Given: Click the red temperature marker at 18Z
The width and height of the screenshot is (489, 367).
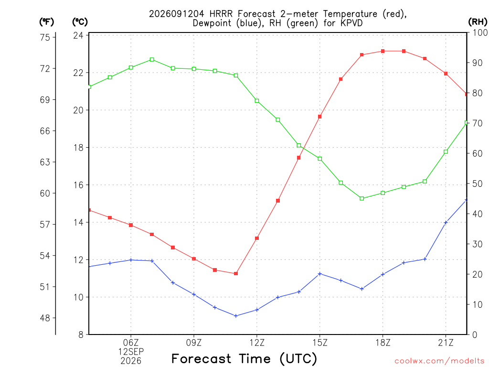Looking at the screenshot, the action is pos(383,51).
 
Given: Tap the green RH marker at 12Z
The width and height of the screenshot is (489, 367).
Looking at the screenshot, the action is pos(257,101).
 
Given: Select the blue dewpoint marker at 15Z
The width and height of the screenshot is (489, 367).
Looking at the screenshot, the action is pos(319,274).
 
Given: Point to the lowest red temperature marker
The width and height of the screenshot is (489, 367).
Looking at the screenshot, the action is pos(236,274).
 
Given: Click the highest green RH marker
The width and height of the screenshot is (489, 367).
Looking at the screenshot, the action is pos(152,60).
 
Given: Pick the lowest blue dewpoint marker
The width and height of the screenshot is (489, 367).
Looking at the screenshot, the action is pos(236,316).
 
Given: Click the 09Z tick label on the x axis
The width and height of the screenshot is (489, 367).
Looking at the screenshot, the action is pos(194,343).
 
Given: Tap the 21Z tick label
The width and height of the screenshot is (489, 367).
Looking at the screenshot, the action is pos(446,343).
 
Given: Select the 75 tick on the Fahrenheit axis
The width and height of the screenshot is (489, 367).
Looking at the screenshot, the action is pos(45,37).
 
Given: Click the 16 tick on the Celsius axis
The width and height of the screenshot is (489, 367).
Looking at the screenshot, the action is pos(78,185).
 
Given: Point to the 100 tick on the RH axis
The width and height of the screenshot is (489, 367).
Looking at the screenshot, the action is pos(480,33).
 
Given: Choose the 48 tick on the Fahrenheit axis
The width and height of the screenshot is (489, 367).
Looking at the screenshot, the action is pos(45,318).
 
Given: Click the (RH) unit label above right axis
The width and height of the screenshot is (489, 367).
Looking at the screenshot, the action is pos(478,22).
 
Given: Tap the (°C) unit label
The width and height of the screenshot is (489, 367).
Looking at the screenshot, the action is pos(80,22).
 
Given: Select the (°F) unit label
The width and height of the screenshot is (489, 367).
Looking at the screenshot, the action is pos(46,22).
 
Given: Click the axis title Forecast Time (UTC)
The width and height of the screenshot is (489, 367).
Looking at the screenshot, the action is pos(244,359).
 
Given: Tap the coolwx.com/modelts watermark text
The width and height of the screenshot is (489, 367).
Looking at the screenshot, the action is pos(439,361).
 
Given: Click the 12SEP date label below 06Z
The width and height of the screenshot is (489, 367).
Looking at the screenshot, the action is pos(131,352).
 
